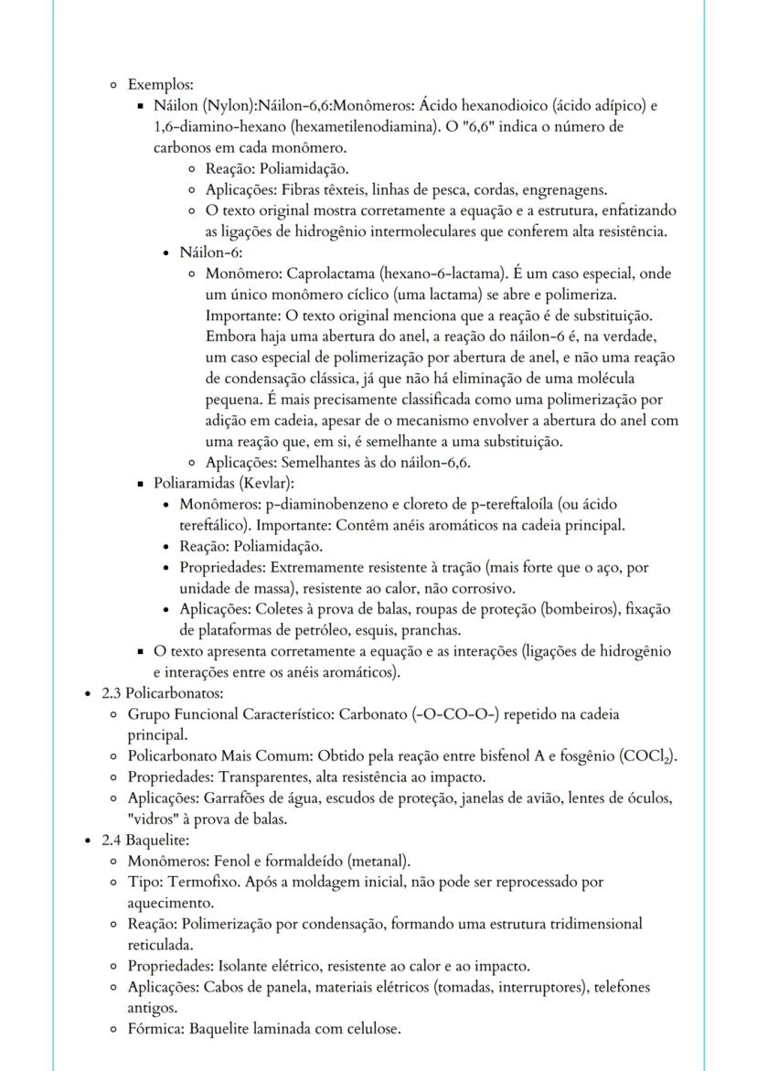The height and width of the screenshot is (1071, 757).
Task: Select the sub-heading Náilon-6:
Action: coord(211,252)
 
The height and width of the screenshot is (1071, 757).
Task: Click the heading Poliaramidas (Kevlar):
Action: coord(223,483)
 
